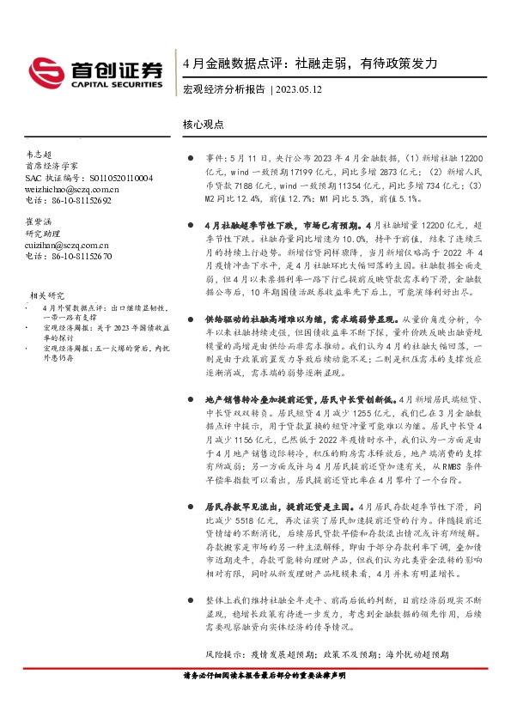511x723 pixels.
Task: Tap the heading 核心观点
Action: click(204, 124)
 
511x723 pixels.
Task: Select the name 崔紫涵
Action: click(40, 222)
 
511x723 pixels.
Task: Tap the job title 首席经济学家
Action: click(52, 165)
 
